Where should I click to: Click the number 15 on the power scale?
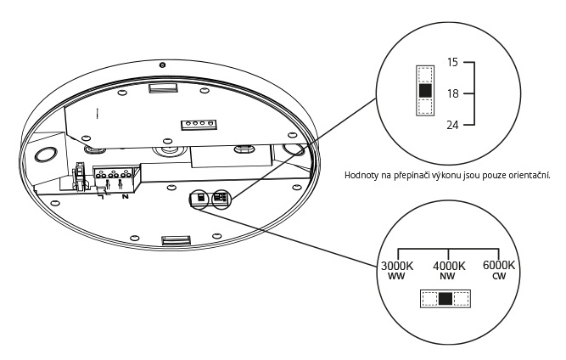454,64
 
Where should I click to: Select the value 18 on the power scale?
454,93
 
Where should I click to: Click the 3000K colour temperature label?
396,266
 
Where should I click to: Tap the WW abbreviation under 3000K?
396,277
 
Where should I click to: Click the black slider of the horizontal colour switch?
446,298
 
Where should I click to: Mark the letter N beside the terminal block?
126,197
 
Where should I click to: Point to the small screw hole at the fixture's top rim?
162,65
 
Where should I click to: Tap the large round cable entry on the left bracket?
45,155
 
